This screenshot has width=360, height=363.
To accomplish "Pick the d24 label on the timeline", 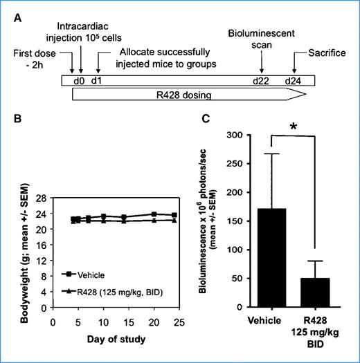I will click(294, 80).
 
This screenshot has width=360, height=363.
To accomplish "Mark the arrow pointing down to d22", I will click(261, 64).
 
